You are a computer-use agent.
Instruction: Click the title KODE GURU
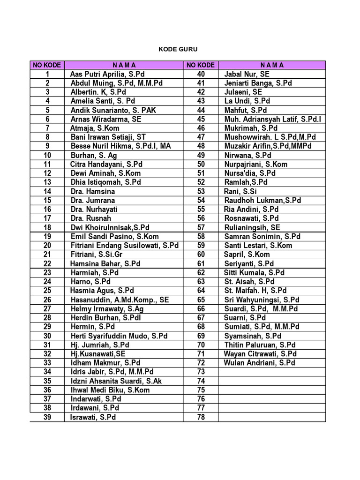pos(178,49)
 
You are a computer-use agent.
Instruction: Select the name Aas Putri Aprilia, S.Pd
pos(107,74)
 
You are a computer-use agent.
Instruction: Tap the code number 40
pos(201,74)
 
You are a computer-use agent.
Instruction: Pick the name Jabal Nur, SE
pos(247,74)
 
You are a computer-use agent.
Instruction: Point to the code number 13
pos(47,182)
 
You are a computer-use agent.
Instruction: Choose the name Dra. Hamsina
pos(93,191)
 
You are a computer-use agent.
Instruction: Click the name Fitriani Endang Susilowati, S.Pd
pos(125,245)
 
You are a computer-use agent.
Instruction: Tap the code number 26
pos(47,300)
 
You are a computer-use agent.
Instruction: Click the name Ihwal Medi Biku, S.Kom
pos(110,390)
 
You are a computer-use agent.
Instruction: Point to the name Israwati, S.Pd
pos(93,417)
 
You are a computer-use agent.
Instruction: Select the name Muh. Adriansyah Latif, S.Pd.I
pos(273,119)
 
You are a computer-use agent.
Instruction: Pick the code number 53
pos(201,191)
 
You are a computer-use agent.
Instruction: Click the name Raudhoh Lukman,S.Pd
pos(262,200)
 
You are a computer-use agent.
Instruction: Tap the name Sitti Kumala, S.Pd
pos(255,272)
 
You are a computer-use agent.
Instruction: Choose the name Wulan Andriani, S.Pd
pos(260,363)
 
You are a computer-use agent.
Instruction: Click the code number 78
pos(201,417)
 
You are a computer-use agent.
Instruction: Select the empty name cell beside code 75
pos(272,390)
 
